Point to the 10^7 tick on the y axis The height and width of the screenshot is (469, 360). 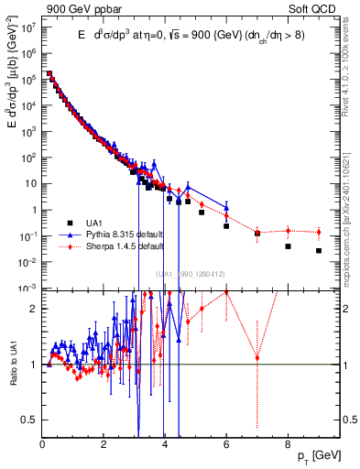[28, 27]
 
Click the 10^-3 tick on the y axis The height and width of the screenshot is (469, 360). [28, 289]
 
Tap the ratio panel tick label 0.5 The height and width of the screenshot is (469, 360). [31, 420]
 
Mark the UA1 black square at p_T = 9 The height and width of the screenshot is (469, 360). [319, 250]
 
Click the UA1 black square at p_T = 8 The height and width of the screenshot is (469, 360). [288, 246]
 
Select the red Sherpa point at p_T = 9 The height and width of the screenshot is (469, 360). [319, 232]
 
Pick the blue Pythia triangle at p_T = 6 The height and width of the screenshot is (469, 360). [226, 207]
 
